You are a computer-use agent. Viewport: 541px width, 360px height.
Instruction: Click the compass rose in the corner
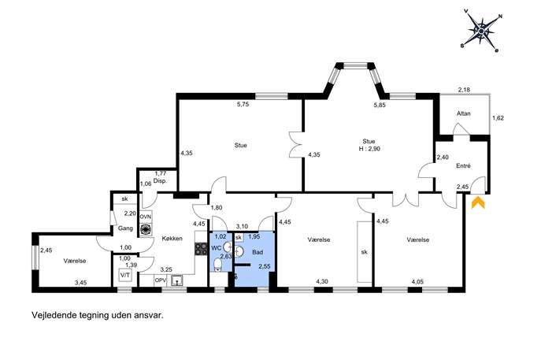(x=481, y=31)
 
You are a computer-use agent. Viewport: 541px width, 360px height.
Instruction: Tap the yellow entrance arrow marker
(x=478, y=202)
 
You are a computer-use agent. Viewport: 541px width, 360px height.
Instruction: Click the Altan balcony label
(x=463, y=113)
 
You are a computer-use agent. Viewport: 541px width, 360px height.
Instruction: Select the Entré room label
(x=463, y=166)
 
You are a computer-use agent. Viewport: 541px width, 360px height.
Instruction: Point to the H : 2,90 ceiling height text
(x=369, y=149)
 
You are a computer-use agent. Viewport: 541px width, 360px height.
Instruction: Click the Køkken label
(x=172, y=239)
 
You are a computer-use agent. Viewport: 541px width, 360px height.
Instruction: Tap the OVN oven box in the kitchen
(x=146, y=217)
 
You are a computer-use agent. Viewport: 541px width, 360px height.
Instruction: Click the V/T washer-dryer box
(x=125, y=275)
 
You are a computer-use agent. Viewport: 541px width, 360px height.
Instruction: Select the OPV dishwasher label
(x=160, y=280)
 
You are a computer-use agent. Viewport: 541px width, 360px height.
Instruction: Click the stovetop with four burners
(x=201, y=249)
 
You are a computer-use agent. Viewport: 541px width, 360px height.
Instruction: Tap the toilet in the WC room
(x=217, y=265)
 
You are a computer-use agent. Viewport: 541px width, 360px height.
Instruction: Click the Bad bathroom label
(x=258, y=252)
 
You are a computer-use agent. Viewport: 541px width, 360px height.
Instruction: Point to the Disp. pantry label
(x=160, y=181)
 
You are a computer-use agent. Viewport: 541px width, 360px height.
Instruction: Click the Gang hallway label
(x=125, y=228)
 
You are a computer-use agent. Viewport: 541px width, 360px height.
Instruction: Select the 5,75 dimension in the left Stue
(x=243, y=104)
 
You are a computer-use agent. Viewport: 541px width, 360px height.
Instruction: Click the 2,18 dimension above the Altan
(x=464, y=90)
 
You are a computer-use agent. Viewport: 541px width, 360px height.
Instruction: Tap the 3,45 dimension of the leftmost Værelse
(x=81, y=283)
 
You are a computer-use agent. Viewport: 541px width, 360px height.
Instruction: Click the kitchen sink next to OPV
(x=177, y=280)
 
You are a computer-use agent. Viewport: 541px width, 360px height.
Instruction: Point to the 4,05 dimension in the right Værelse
(x=417, y=282)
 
